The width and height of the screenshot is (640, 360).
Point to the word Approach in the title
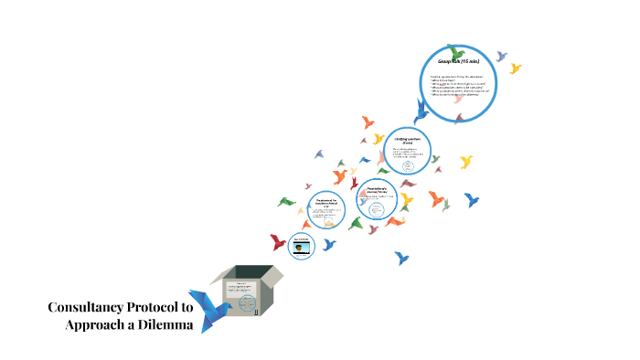[96, 326]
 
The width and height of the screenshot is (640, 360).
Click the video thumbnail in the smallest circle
[300, 246]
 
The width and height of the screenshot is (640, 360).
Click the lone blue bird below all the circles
[401, 259]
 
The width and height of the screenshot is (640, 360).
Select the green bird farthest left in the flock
[286, 201]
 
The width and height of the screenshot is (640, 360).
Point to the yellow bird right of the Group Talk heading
[516, 69]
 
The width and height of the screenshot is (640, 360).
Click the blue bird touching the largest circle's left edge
[421, 111]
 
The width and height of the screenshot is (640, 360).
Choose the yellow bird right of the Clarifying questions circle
[466, 163]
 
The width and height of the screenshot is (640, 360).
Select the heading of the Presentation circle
[380, 189]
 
